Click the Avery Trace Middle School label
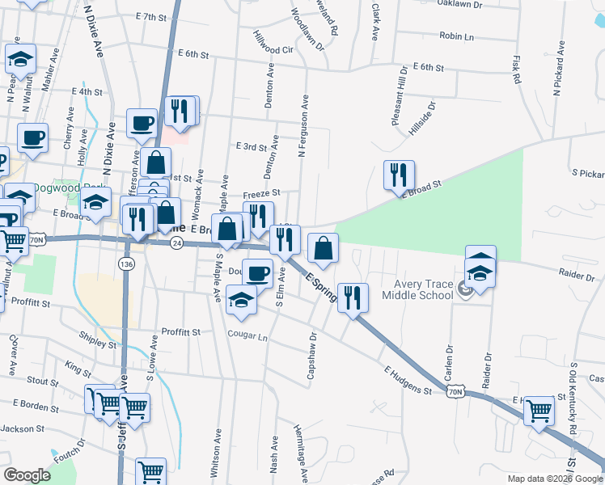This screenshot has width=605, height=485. (x=422, y=289)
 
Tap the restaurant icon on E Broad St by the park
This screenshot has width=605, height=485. (x=399, y=175)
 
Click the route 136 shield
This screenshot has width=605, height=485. (x=125, y=264)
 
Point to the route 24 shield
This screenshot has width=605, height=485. (x=176, y=243)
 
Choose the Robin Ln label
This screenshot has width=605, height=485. (x=456, y=36)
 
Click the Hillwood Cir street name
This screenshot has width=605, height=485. (x=272, y=43)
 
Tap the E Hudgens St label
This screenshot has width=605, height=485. (x=408, y=381)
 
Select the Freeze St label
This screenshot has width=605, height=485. (x=261, y=193)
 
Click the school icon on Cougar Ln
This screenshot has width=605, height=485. (x=241, y=300)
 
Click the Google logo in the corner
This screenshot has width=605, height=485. (x=27, y=475)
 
